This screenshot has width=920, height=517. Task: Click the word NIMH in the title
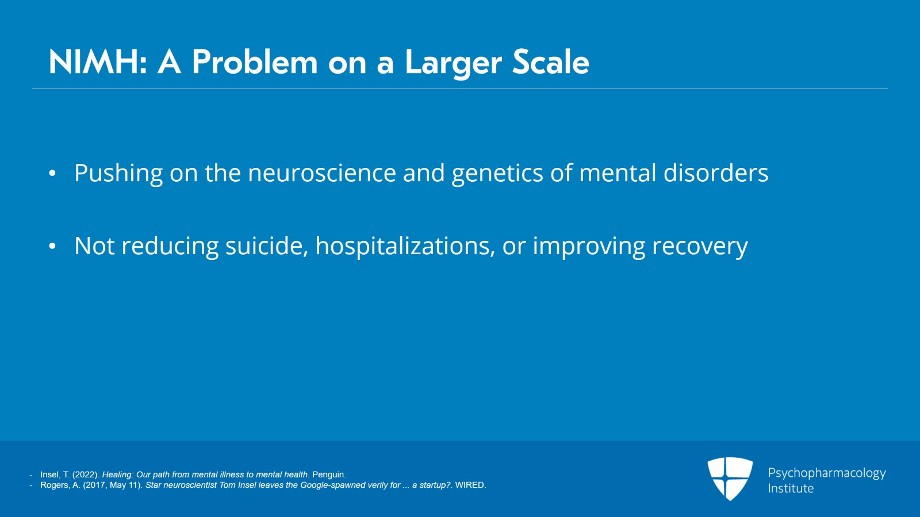coord(98,62)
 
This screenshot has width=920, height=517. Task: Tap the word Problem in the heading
coord(255,62)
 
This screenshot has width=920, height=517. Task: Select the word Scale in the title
coord(550,62)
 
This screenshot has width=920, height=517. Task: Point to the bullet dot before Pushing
coord(52,173)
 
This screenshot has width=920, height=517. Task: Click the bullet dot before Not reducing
coord(52,246)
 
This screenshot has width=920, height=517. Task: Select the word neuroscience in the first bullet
coord(322,173)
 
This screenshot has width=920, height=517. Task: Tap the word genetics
coord(497,174)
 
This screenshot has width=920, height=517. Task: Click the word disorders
coord(716,173)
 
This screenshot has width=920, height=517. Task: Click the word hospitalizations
coord(405,247)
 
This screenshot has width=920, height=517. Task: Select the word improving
coord(589,247)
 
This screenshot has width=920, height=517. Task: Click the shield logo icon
coord(730,478)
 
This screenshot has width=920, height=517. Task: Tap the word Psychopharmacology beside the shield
coord(827,473)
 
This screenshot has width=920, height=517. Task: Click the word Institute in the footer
coord(791,488)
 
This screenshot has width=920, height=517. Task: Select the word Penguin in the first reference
coord(328,474)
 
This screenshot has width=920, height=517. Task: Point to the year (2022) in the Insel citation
coord(86,474)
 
